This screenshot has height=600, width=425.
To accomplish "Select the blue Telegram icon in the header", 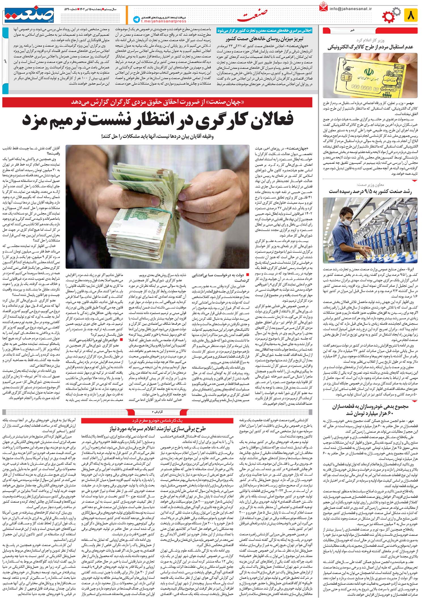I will tap(137, 20).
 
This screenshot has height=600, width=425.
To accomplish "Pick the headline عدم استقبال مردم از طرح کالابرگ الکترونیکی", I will tap(370, 47).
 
